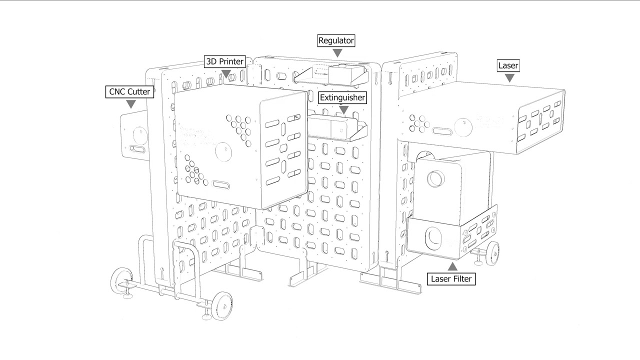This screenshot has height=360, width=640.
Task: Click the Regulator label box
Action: pos(336,40)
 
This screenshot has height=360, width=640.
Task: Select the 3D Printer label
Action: pos(225,61)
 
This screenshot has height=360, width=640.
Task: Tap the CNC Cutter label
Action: pos(129,91)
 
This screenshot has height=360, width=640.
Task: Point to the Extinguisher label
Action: pos(342,97)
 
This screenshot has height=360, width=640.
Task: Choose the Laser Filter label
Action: pos(451,279)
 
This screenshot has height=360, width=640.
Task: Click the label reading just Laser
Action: pos(508,65)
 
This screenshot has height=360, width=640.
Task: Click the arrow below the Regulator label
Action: pos(337,53)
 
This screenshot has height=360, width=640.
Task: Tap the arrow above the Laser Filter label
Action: pos(452,266)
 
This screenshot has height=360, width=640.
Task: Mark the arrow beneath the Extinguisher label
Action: pos(343,109)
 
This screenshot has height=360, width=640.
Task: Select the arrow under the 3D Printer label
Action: pos(226,74)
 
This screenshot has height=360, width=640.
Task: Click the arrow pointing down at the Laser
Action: pos(509,78)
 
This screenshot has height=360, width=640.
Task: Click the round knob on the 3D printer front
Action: pos(223,151)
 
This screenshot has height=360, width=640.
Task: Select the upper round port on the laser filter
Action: pos(436,178)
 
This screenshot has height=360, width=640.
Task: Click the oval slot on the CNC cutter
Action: pos(137,149)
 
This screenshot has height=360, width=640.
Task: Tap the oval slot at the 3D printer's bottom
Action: pos(221,184)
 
